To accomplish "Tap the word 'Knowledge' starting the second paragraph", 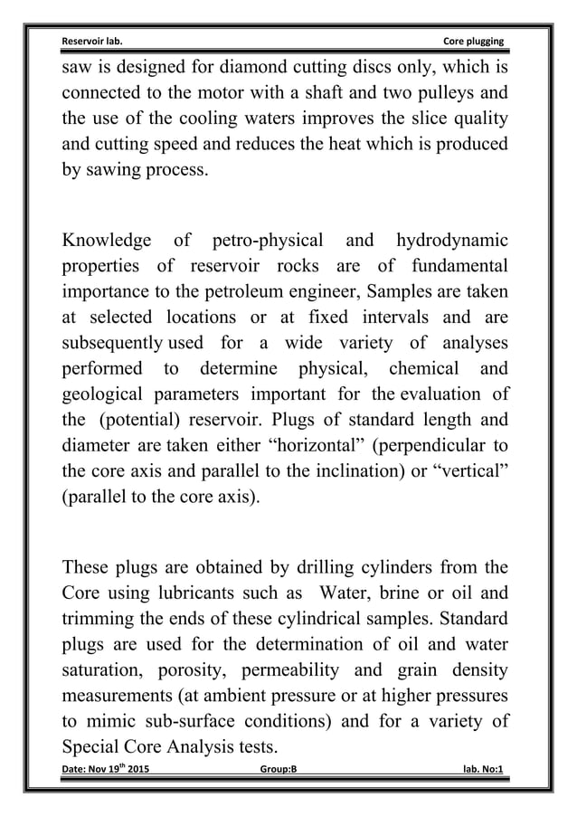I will (x=106, y=241).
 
